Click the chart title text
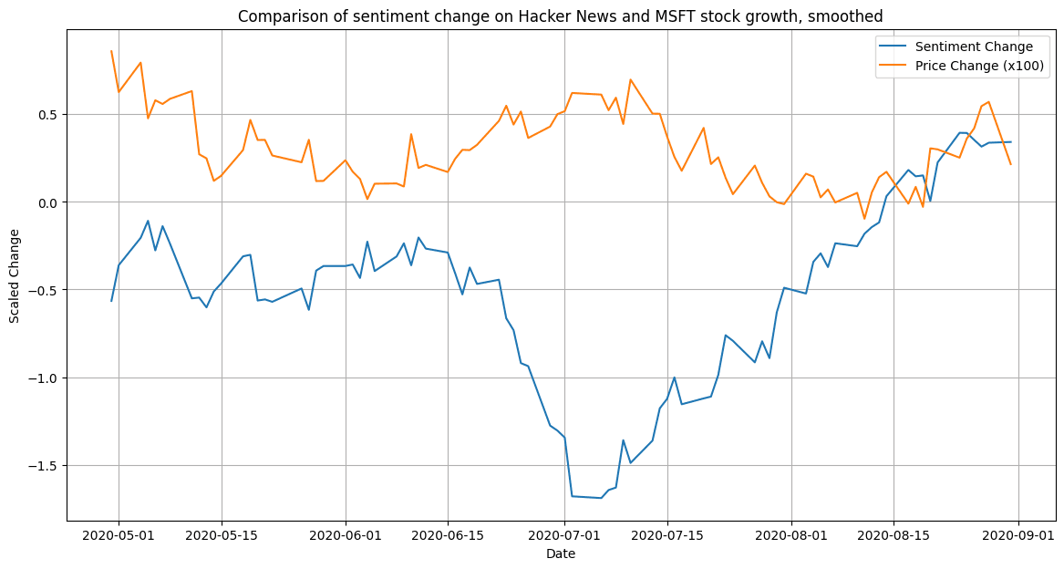tap(560, 16)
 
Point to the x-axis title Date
tap(560, 553)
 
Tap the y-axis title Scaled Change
tap(14, 275)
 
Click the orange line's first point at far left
tap(111, 51)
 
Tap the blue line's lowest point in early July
tap(601, 498)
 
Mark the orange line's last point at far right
tap(1010, 164)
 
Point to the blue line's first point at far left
tap(111, 301)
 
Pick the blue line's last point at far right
tap(1010, 141)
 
